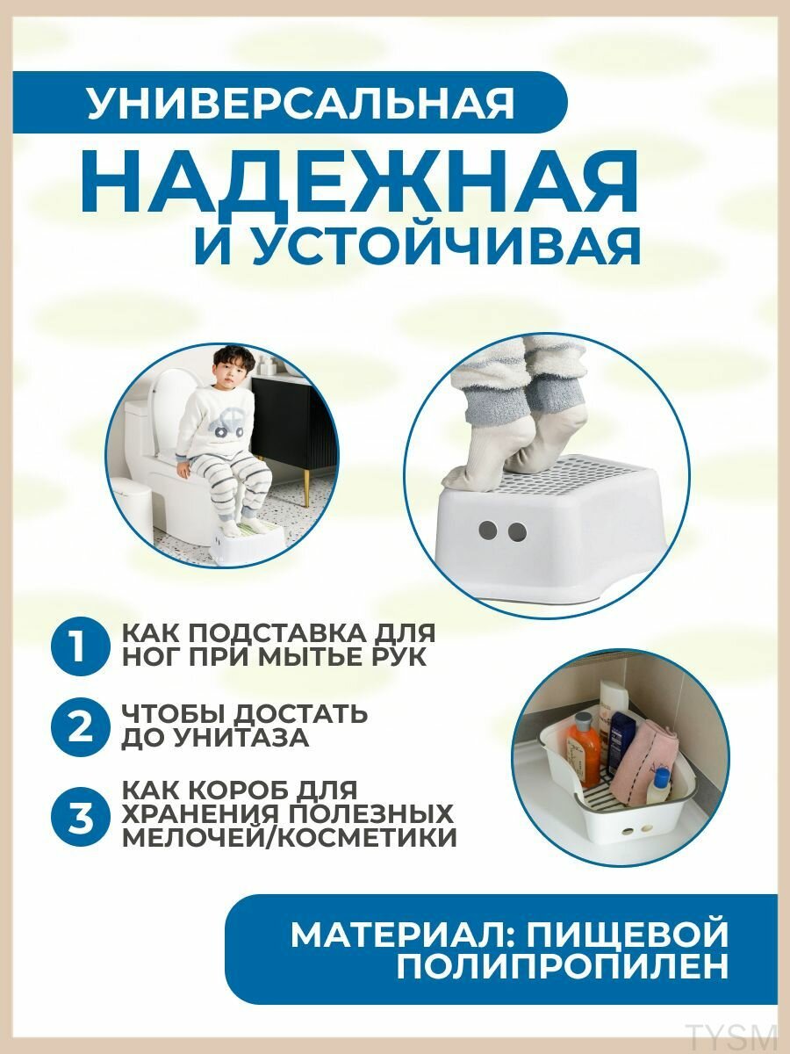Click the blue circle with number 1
(80, 642)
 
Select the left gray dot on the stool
(488, 531)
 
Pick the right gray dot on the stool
(517, 532)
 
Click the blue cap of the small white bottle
(664, 776)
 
